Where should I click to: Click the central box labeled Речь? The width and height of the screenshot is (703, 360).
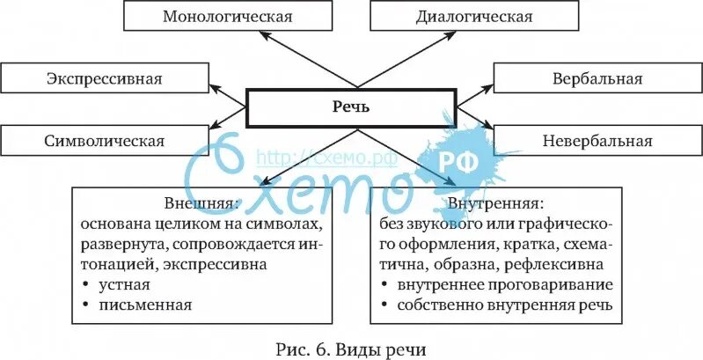351,107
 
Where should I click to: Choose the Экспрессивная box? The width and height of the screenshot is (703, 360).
104,78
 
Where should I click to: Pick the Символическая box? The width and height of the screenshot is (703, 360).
104,140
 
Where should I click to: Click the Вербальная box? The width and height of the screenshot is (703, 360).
597,78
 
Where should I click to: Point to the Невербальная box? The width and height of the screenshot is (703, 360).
597,140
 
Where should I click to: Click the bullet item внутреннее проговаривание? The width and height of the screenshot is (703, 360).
503,285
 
